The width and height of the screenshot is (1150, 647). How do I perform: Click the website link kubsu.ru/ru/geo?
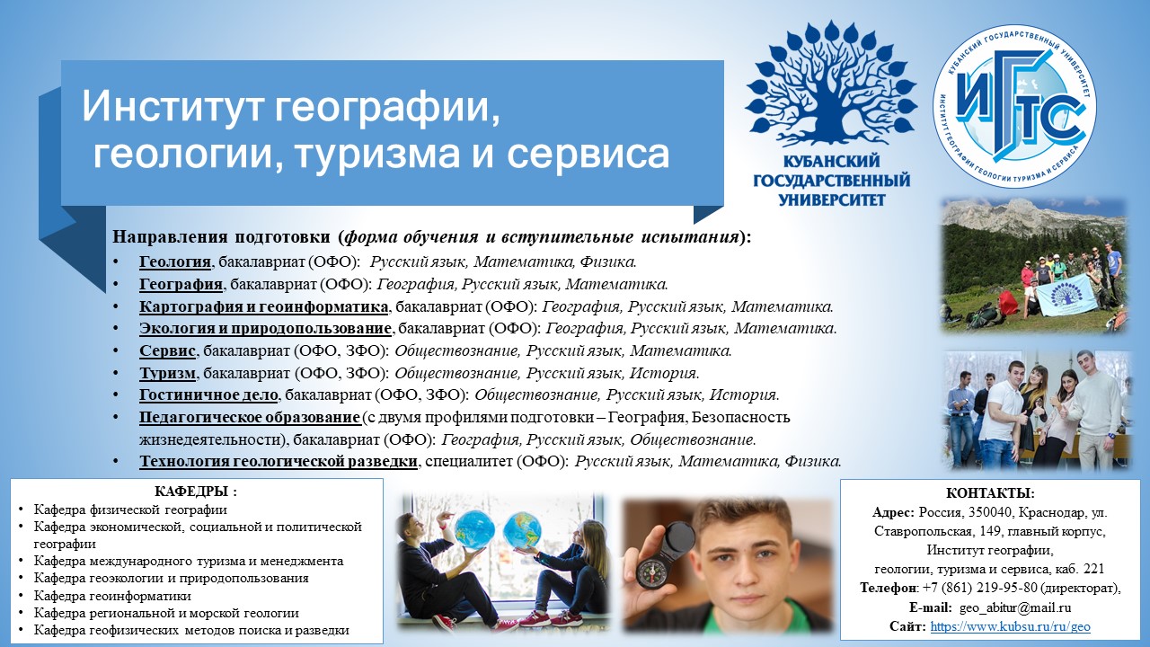coord(1010,626)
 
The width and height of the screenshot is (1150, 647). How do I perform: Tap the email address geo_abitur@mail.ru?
coord(1015,608)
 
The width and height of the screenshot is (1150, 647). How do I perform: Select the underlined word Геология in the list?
coord(175,261)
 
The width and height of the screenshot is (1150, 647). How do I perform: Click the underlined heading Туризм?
coord(167,373)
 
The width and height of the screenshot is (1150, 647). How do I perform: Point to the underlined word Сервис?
coord(167,350)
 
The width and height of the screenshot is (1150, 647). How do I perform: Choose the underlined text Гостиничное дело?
coord(209,394)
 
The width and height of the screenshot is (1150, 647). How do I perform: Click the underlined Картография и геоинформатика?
coord(264,306)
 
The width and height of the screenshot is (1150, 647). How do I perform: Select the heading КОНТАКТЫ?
coord(990,493)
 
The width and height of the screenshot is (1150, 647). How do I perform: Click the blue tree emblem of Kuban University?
coord(831,84)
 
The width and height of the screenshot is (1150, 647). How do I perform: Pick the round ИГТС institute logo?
coord(1015,106)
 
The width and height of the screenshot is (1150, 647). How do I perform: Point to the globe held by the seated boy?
coord(474,528)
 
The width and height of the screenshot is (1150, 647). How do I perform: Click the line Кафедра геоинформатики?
coord(112,596)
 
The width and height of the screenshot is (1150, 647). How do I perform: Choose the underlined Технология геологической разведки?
coord(279,461)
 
